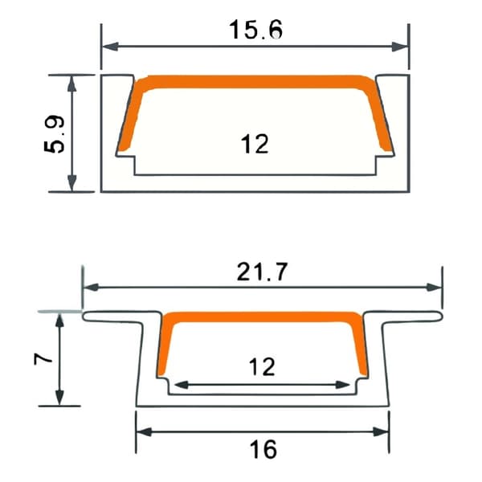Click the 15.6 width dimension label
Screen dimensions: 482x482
point(255,30)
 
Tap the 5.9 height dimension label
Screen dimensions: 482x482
point(55,135)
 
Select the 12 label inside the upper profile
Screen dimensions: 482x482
point(255,144)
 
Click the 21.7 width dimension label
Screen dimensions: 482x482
point(262,272)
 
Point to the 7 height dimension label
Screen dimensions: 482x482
point(43,359)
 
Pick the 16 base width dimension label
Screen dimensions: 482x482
point(263,449)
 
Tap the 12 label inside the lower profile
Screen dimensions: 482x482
point(262,366)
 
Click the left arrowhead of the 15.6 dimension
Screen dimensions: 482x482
point(110,47)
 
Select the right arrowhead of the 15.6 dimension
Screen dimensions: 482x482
point(400,47)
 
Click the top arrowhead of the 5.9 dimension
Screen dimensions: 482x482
point(72,84)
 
